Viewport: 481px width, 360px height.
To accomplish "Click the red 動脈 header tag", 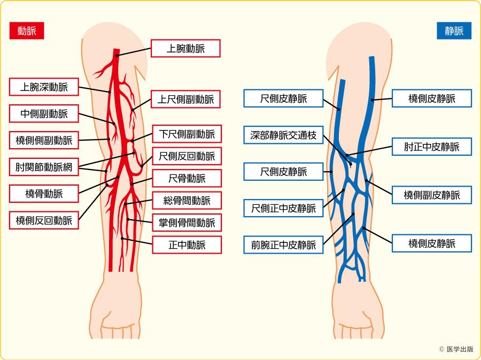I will point(26,31).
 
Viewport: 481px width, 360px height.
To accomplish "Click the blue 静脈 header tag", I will point(454,31).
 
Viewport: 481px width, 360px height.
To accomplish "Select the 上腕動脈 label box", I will point(186,49).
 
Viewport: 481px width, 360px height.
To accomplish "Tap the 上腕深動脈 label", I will point(44,86).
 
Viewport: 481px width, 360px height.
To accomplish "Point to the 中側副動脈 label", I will point(44,113).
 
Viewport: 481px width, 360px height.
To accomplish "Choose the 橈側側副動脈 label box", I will point(44,141).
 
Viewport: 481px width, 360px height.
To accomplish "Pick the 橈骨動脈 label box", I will point(44,193).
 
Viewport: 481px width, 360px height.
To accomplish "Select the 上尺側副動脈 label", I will point(186,99).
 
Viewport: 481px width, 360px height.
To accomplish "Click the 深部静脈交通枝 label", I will point(284,135).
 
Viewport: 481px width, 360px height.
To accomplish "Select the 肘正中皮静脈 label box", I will point(432,147).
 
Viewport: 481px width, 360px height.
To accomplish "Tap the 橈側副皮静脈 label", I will point(432,195).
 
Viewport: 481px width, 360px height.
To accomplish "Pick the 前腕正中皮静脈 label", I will point(284,245).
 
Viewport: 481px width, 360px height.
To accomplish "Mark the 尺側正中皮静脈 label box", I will point(284,208).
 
